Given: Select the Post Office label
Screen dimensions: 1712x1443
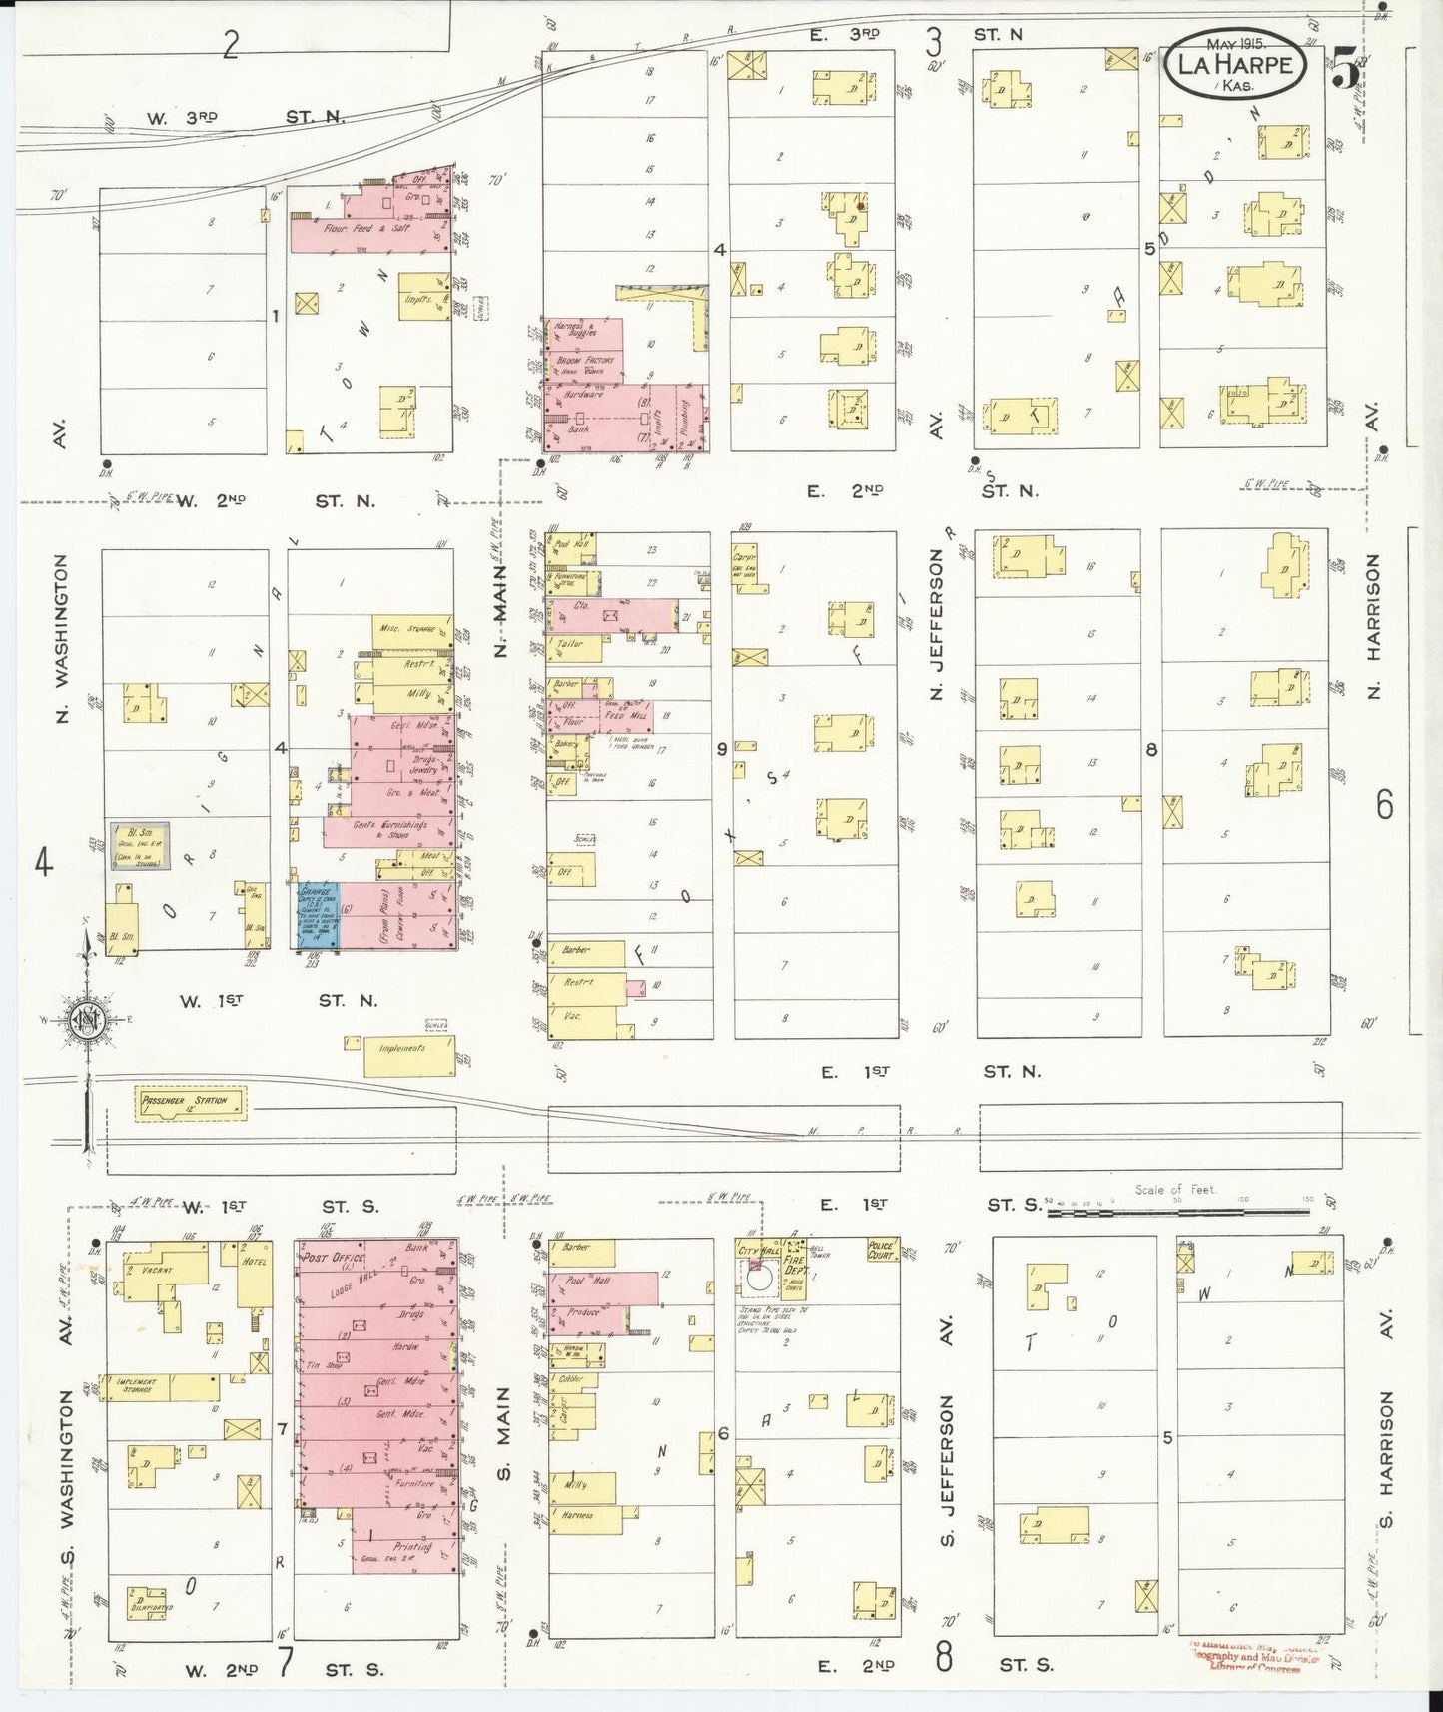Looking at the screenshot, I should coord(330,1259).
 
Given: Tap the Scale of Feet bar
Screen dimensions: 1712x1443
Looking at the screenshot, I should coord(1178,1211).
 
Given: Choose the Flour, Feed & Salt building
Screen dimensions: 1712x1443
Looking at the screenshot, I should coord(367,229).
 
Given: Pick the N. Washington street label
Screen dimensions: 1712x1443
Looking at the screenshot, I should coord(62,639).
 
